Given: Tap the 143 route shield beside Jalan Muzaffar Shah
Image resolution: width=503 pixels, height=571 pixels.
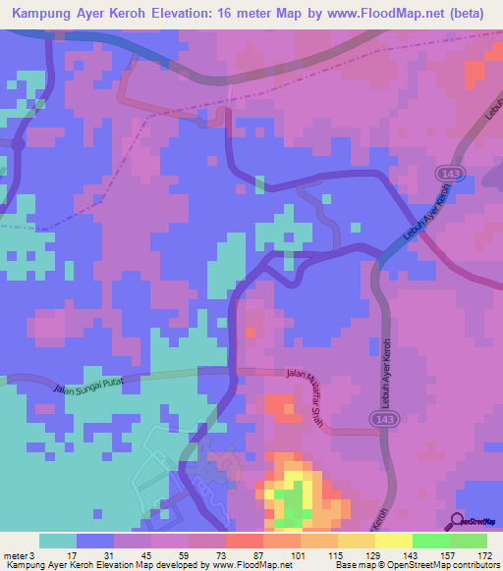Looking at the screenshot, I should [x=384, y=419].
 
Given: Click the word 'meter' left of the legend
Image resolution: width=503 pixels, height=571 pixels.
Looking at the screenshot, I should [x=15, y=556].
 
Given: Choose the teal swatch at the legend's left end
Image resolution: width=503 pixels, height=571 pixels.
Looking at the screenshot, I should [x=58, y=541].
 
